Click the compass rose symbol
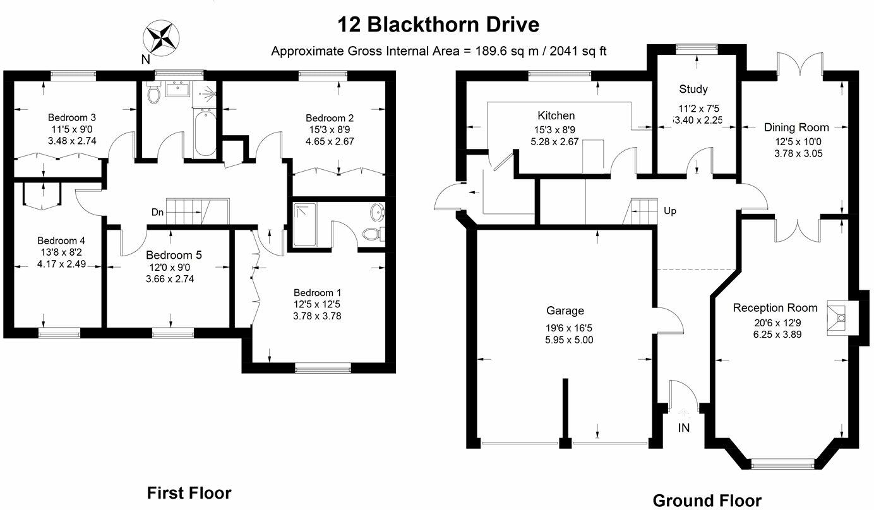pyautogui.click(x=161, y=39)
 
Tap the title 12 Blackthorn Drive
pyautogui.click(x=438, y=25)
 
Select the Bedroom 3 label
pyautogui.click(x=72, y=117)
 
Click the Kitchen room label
pyautogui.click(x=556, y=116)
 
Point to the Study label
pyautogui.click(x=693, y=89)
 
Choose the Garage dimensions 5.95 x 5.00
pyautogui.click(x=569, y=340)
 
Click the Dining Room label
pyautogui.click(x=796, y=127)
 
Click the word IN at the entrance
pyautogui.click(x=683, y=428)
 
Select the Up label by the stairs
pyautogui.click(x=670, y=211)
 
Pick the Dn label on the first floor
pyautogui.click(x=158, y=212)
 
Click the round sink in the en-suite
pyautogui.click(x=377, y=213)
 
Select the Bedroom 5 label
pyautogui.click(x=174, y=255)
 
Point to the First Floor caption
pyautogui.click(x=189, y=493)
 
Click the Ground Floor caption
pyautogui.click(x=707, y=501)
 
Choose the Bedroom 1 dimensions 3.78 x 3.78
pyautogui.click(x=317, y=316)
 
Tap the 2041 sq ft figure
pyautogui.click(x=578, y=51)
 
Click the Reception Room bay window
pyautogui.click(x=782, y=463)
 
